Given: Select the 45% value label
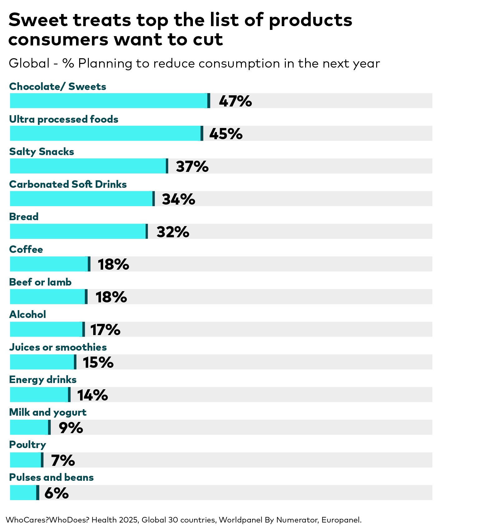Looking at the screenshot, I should [226, 134].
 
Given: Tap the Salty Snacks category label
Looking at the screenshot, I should [41, 152].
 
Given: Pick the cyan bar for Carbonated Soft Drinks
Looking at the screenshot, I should [81, 199].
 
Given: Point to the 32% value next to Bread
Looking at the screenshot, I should [173, 232].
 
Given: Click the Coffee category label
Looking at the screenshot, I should [26, 249].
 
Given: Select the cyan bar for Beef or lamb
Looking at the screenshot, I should [47, 296].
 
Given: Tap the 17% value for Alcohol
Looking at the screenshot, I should [105, 330].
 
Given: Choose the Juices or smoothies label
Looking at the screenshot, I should [58, 347].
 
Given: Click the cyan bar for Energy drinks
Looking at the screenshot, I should [39, 395].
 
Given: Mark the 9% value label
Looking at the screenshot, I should [71, 428].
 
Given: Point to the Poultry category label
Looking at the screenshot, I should [27, 445].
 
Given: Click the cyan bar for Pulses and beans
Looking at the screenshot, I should [23, 492].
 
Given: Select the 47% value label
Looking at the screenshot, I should [235, 101].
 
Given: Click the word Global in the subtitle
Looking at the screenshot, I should [29, 64].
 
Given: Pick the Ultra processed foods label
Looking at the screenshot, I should [64, 119].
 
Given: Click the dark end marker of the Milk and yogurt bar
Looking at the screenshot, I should [49, 427].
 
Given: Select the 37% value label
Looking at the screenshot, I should [192, 167].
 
